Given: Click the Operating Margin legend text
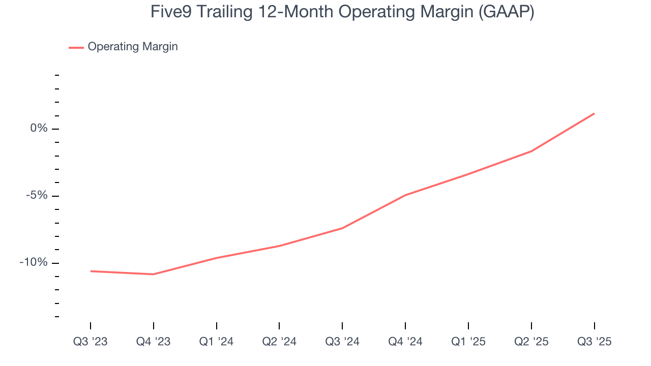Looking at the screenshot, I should [x=133, y=47].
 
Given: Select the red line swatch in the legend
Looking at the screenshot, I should [x=76, y=47].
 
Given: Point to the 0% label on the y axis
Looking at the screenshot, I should [x=39, y=129].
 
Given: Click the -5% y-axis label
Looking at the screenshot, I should [x=36, y=196].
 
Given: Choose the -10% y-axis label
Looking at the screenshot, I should [x=34, y=263].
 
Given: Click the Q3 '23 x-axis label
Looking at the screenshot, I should [x=91, y=342].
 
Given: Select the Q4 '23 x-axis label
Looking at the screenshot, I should [x=153, y=342].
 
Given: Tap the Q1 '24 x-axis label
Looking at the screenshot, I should [x=216, y=342].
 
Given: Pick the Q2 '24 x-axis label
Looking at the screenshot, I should [x=279, y=342].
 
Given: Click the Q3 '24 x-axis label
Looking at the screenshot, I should [x=342, y=342].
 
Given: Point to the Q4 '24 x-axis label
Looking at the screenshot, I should [x=405, y=342].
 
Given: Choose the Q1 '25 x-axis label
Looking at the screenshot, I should [x=468, y=342].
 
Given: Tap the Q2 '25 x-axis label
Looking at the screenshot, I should [x=531, y=342].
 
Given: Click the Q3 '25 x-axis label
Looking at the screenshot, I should [x=594, y=342].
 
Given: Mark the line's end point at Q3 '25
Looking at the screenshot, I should [x=594, y=113].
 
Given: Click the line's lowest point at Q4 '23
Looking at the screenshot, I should [x=153, y=274].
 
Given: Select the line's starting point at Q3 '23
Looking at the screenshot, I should [x=91, y=271].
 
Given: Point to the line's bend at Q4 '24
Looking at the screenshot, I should [x=405, y=195].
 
